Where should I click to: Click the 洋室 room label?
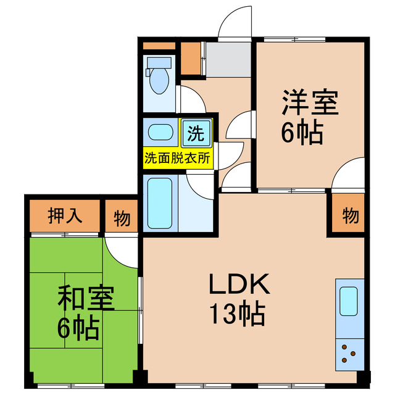pyautogui.click(x=310, y=102)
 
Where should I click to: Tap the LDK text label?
pyautogui.click(x=239, y=285)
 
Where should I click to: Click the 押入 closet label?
pyautogui.click(x=65, y=217)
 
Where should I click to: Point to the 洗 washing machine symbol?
pyautogui.click(x=196, y=131)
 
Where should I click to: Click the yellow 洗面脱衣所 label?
pyautogui.click(x=178, y=157)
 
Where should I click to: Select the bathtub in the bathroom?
pyautogui.click(x=160, y=203)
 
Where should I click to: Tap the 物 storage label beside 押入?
pyautogui.click(x=122, y=217)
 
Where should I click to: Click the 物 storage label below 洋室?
pyautogui.click(x=350, y=216)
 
